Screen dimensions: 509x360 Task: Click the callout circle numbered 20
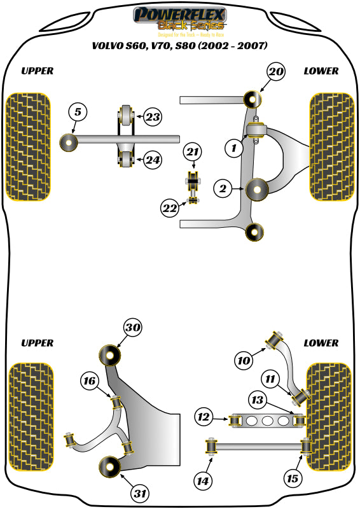coord(275,72)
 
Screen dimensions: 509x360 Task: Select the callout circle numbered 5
coord(77,113)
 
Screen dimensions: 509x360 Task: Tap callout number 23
coord(152,117)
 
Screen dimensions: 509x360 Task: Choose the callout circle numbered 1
coord(233,149)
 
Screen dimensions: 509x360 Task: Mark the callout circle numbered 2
coord(223,188)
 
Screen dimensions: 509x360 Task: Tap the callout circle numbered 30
coord(132,328)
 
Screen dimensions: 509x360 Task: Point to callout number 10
coord(244,361)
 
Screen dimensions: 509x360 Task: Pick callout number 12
coord(204,418)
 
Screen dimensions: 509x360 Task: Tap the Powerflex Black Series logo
coord(179,19)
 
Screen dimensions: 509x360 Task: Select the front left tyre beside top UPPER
coord(27,146)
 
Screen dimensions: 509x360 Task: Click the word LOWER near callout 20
coord(321,71)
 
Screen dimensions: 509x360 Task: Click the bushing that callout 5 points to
coord(67,142)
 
